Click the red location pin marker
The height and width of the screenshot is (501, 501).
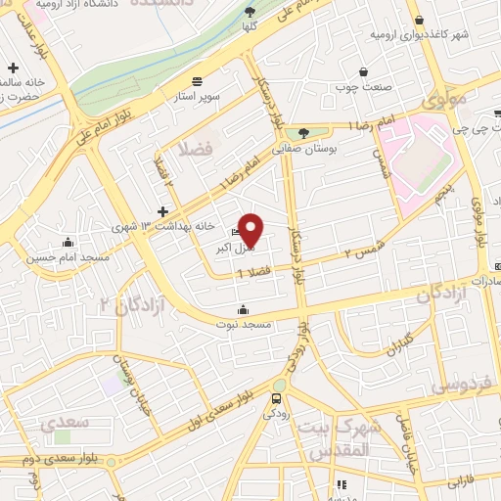pos(251,229)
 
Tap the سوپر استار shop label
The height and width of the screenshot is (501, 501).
pos(199,98)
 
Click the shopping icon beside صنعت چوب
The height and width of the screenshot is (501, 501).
pos(364,71)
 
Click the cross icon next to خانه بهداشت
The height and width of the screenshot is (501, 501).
pos(162,211)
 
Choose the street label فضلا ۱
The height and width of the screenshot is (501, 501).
pos(252,273)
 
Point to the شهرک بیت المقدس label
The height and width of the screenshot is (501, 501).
pos(334,439)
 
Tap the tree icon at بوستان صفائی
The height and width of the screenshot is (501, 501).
pos(306,134)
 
